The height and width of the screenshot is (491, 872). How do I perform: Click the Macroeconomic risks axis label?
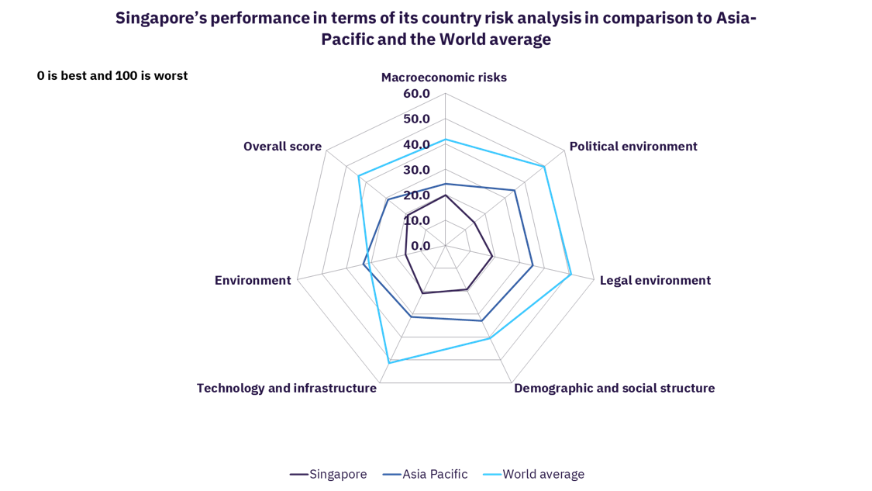click(x=444, y=78)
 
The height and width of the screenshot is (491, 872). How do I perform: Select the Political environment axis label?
click(x=632, y=146)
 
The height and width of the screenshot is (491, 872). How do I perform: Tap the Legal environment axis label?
click(x=655, y=280)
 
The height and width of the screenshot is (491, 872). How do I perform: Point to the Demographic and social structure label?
click(x=615, y=387)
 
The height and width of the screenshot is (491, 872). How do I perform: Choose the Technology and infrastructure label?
click(x=286, y=387)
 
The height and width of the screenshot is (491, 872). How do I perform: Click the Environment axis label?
click(x=253, y=280)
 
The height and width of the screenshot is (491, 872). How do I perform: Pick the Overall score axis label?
click(x=282, y=146)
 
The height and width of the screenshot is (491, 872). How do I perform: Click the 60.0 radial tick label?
click(x=416, y=94)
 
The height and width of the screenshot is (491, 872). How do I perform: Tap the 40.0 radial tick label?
click(x=416, y=145)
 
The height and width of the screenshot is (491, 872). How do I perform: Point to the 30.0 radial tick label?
click(x=416, y=170)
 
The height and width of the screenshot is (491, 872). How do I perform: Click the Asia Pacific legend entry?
click(x=435, y=474)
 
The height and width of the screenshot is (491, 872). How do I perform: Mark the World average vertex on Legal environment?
click(x=571, y=274)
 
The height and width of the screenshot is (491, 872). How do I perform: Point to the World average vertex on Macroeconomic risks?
click(x=445, y=140)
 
